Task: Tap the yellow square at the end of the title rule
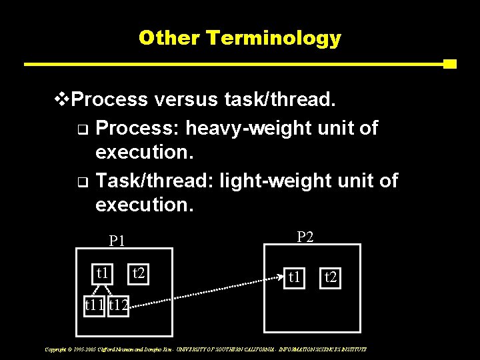pos(449,65)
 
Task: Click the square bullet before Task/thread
pos(81,182)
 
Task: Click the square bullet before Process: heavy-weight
pos(81,129)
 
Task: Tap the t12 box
pos(119,306)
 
